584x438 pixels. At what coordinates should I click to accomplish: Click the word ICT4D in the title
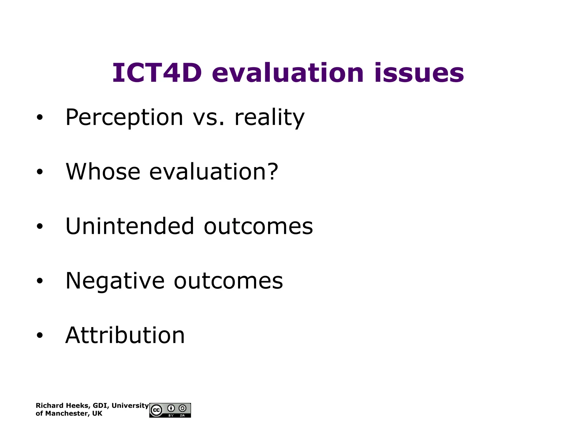point(157,73)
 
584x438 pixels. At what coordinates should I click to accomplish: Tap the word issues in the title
point(419,73)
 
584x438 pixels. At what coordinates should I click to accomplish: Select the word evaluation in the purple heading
point(288,73)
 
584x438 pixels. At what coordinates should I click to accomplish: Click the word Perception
point(124,117)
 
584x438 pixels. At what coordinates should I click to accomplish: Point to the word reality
point(269,117)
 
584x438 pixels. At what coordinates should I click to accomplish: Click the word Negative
point(115,281)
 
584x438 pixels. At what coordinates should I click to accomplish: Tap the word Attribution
point(125,335)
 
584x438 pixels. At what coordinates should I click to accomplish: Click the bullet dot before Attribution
point(40,335)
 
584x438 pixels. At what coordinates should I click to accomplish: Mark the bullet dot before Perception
point(40,117)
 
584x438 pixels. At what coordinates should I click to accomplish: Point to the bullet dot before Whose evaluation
point(40,172)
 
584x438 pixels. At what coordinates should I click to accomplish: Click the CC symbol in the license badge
point(156,410)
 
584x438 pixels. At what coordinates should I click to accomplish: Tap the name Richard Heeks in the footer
point(62,406)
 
